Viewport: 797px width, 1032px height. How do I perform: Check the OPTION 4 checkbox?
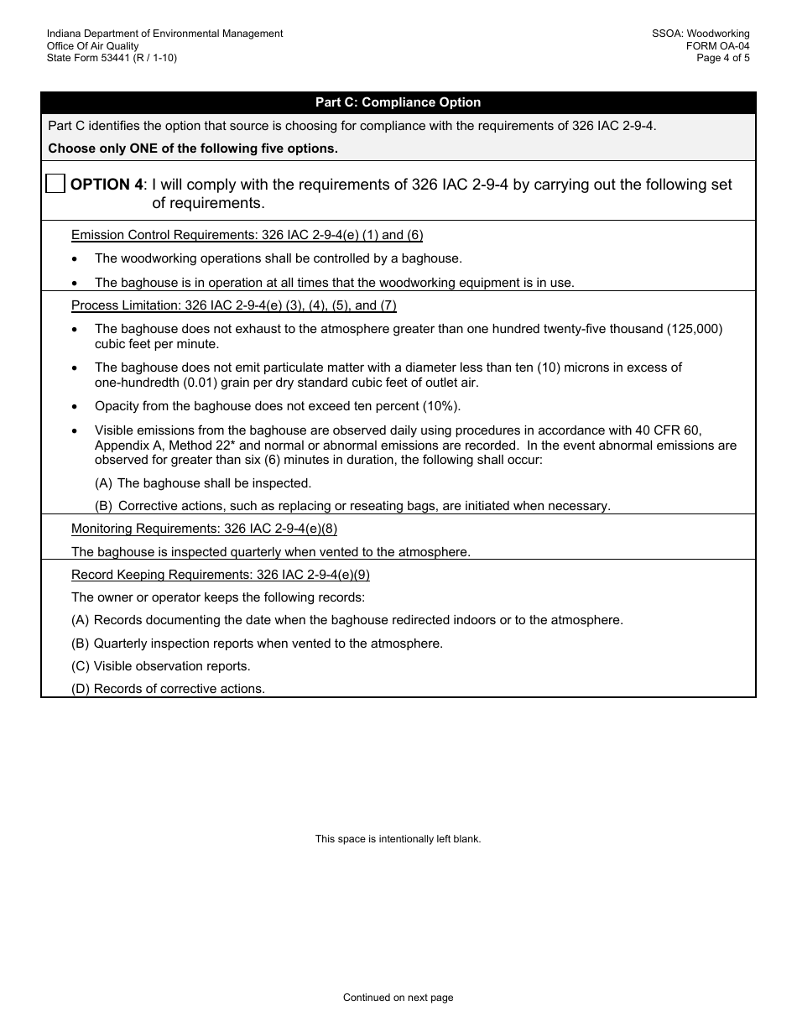tap(55, 184)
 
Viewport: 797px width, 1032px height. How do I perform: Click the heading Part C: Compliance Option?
tap(398, 102)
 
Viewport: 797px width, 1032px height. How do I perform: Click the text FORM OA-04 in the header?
tap(717, 46)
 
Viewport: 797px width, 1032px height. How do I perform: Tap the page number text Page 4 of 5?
tap(723, 58)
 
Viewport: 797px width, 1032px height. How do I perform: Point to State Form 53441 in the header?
tap(112, 58)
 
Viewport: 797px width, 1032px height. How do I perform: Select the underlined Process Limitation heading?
tap(233, 305)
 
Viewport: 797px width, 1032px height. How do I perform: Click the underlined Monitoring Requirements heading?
tap(204, 529)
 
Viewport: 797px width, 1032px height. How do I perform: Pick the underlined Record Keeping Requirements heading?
tap(220, 575)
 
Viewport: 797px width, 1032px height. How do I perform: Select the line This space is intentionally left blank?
tap(398, 838)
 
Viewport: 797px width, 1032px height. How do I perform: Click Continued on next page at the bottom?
tap(398, 998)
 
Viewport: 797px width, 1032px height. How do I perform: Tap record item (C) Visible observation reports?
tap(161, 666)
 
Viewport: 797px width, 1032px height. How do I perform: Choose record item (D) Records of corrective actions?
tap(168, 689)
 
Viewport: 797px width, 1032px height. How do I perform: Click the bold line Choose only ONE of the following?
tap(193, 149)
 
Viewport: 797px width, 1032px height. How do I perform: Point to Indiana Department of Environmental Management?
tap(164, 34)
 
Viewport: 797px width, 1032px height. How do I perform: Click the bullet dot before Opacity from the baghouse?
tap(76, 407)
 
